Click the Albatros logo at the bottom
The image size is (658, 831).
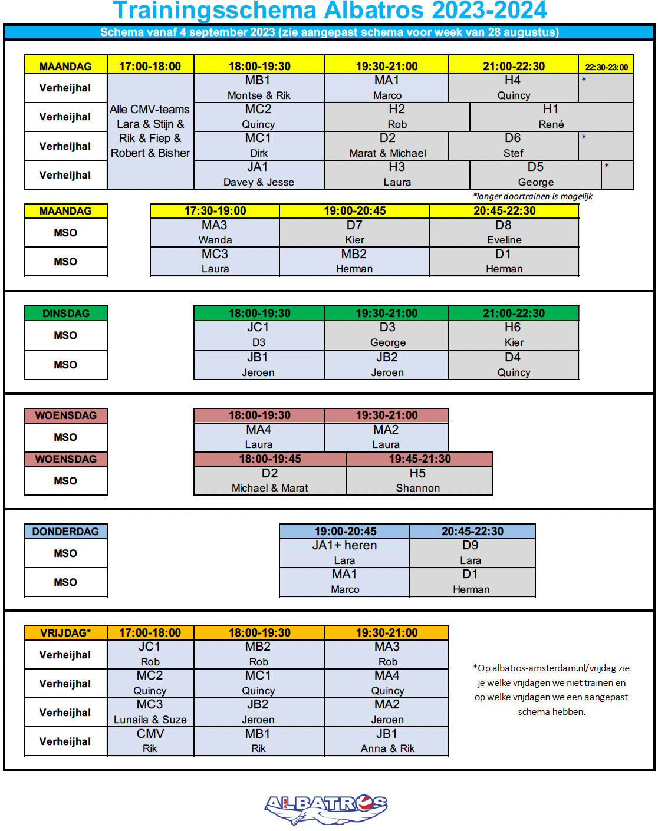[326, 808]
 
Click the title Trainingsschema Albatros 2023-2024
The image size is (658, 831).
[330, 11]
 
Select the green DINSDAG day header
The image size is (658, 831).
[65, 314]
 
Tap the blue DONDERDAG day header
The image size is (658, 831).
[65, 532]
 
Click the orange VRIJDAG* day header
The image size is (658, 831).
[65, 633]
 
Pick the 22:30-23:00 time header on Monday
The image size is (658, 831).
[606, 67]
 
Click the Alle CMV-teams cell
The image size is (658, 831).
[150, 131]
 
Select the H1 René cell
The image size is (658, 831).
[551, 117]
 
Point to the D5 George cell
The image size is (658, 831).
[535, 175]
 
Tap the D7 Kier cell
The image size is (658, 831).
[354, 232]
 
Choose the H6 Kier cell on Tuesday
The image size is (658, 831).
[513, 335]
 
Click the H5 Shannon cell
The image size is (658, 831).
[419, 480]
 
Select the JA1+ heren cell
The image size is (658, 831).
[344, 553]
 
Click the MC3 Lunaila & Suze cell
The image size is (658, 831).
[150, 712]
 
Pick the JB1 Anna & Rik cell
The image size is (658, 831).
[387, 741]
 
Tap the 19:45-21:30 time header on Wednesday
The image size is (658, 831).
[419, 459]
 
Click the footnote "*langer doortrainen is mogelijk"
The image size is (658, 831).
[532, 196]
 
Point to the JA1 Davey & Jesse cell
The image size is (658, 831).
[258, 175]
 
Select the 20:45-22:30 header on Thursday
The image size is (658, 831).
[472, 532]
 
